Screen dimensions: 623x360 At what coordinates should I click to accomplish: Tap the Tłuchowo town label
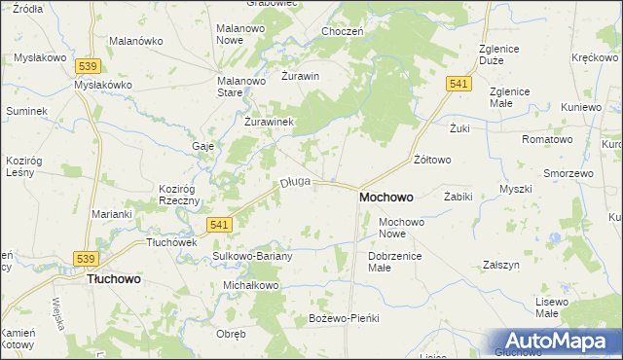pyautogui.click(x=114, y=278)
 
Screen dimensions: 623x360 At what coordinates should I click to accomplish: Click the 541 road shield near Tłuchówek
pyautogui.click(x=220, y=225)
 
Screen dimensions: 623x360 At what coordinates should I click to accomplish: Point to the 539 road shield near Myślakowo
pyautogui.click(x=88, y=65)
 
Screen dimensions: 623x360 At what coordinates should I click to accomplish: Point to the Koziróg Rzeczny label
pyautogui.click(x=178, y=195)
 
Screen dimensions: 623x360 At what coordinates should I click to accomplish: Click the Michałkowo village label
pyautogui.click(x=251, y=285)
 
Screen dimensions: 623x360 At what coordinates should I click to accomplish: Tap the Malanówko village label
pyautogui.click(x=136, y=42)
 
